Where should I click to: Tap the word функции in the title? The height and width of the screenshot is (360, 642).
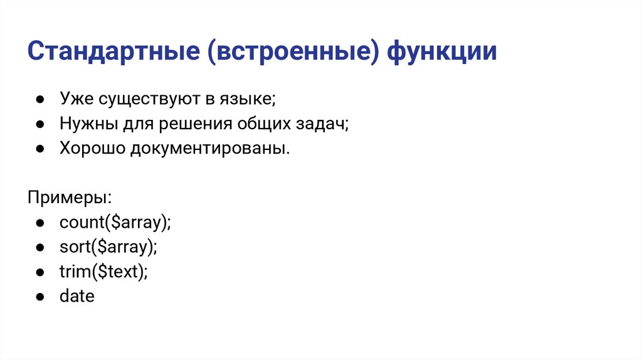(442, 52)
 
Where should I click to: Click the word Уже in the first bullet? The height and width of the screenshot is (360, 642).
(75, 100)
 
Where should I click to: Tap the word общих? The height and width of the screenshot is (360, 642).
(263, 125)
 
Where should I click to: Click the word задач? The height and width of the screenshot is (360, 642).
(322, 125)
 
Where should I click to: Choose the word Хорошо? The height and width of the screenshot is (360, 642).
(92, 149)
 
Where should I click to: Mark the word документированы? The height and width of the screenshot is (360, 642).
(211, 149)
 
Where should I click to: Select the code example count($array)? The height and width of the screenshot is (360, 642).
(115, 222)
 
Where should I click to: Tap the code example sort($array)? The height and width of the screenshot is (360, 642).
(108, 246)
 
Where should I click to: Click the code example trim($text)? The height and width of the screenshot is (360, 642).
(103, 271)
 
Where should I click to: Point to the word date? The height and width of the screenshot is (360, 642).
(76, 295)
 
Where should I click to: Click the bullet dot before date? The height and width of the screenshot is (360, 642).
(39, 296)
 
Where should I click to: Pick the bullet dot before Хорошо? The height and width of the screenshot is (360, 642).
(39, 149)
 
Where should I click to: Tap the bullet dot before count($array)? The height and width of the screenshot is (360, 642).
(39, 223)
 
